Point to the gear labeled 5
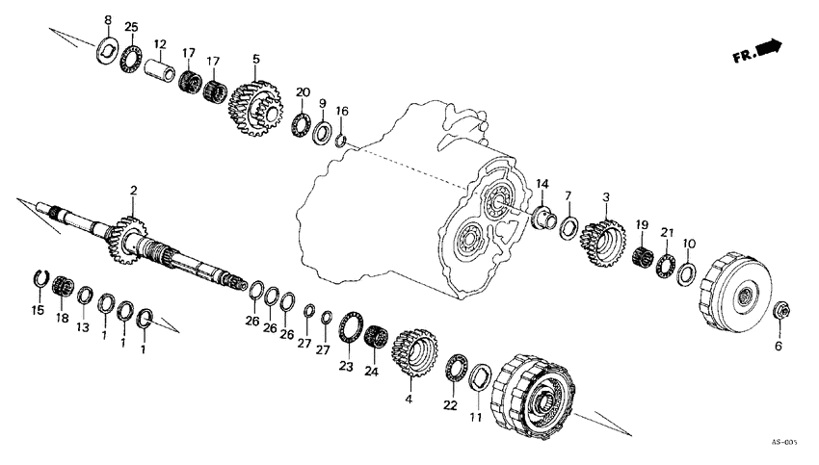[x=253, y=107]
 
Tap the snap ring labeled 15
[x=39, y=279]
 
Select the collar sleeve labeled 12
[x=159, y=71]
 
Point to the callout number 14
[x=542, y=183]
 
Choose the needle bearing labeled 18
[x=65, y=286]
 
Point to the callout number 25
[x=131, y=26]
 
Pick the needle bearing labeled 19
[x=644, y=257]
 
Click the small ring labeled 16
[x=340, y=142]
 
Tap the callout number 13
[x=83, y=328]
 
